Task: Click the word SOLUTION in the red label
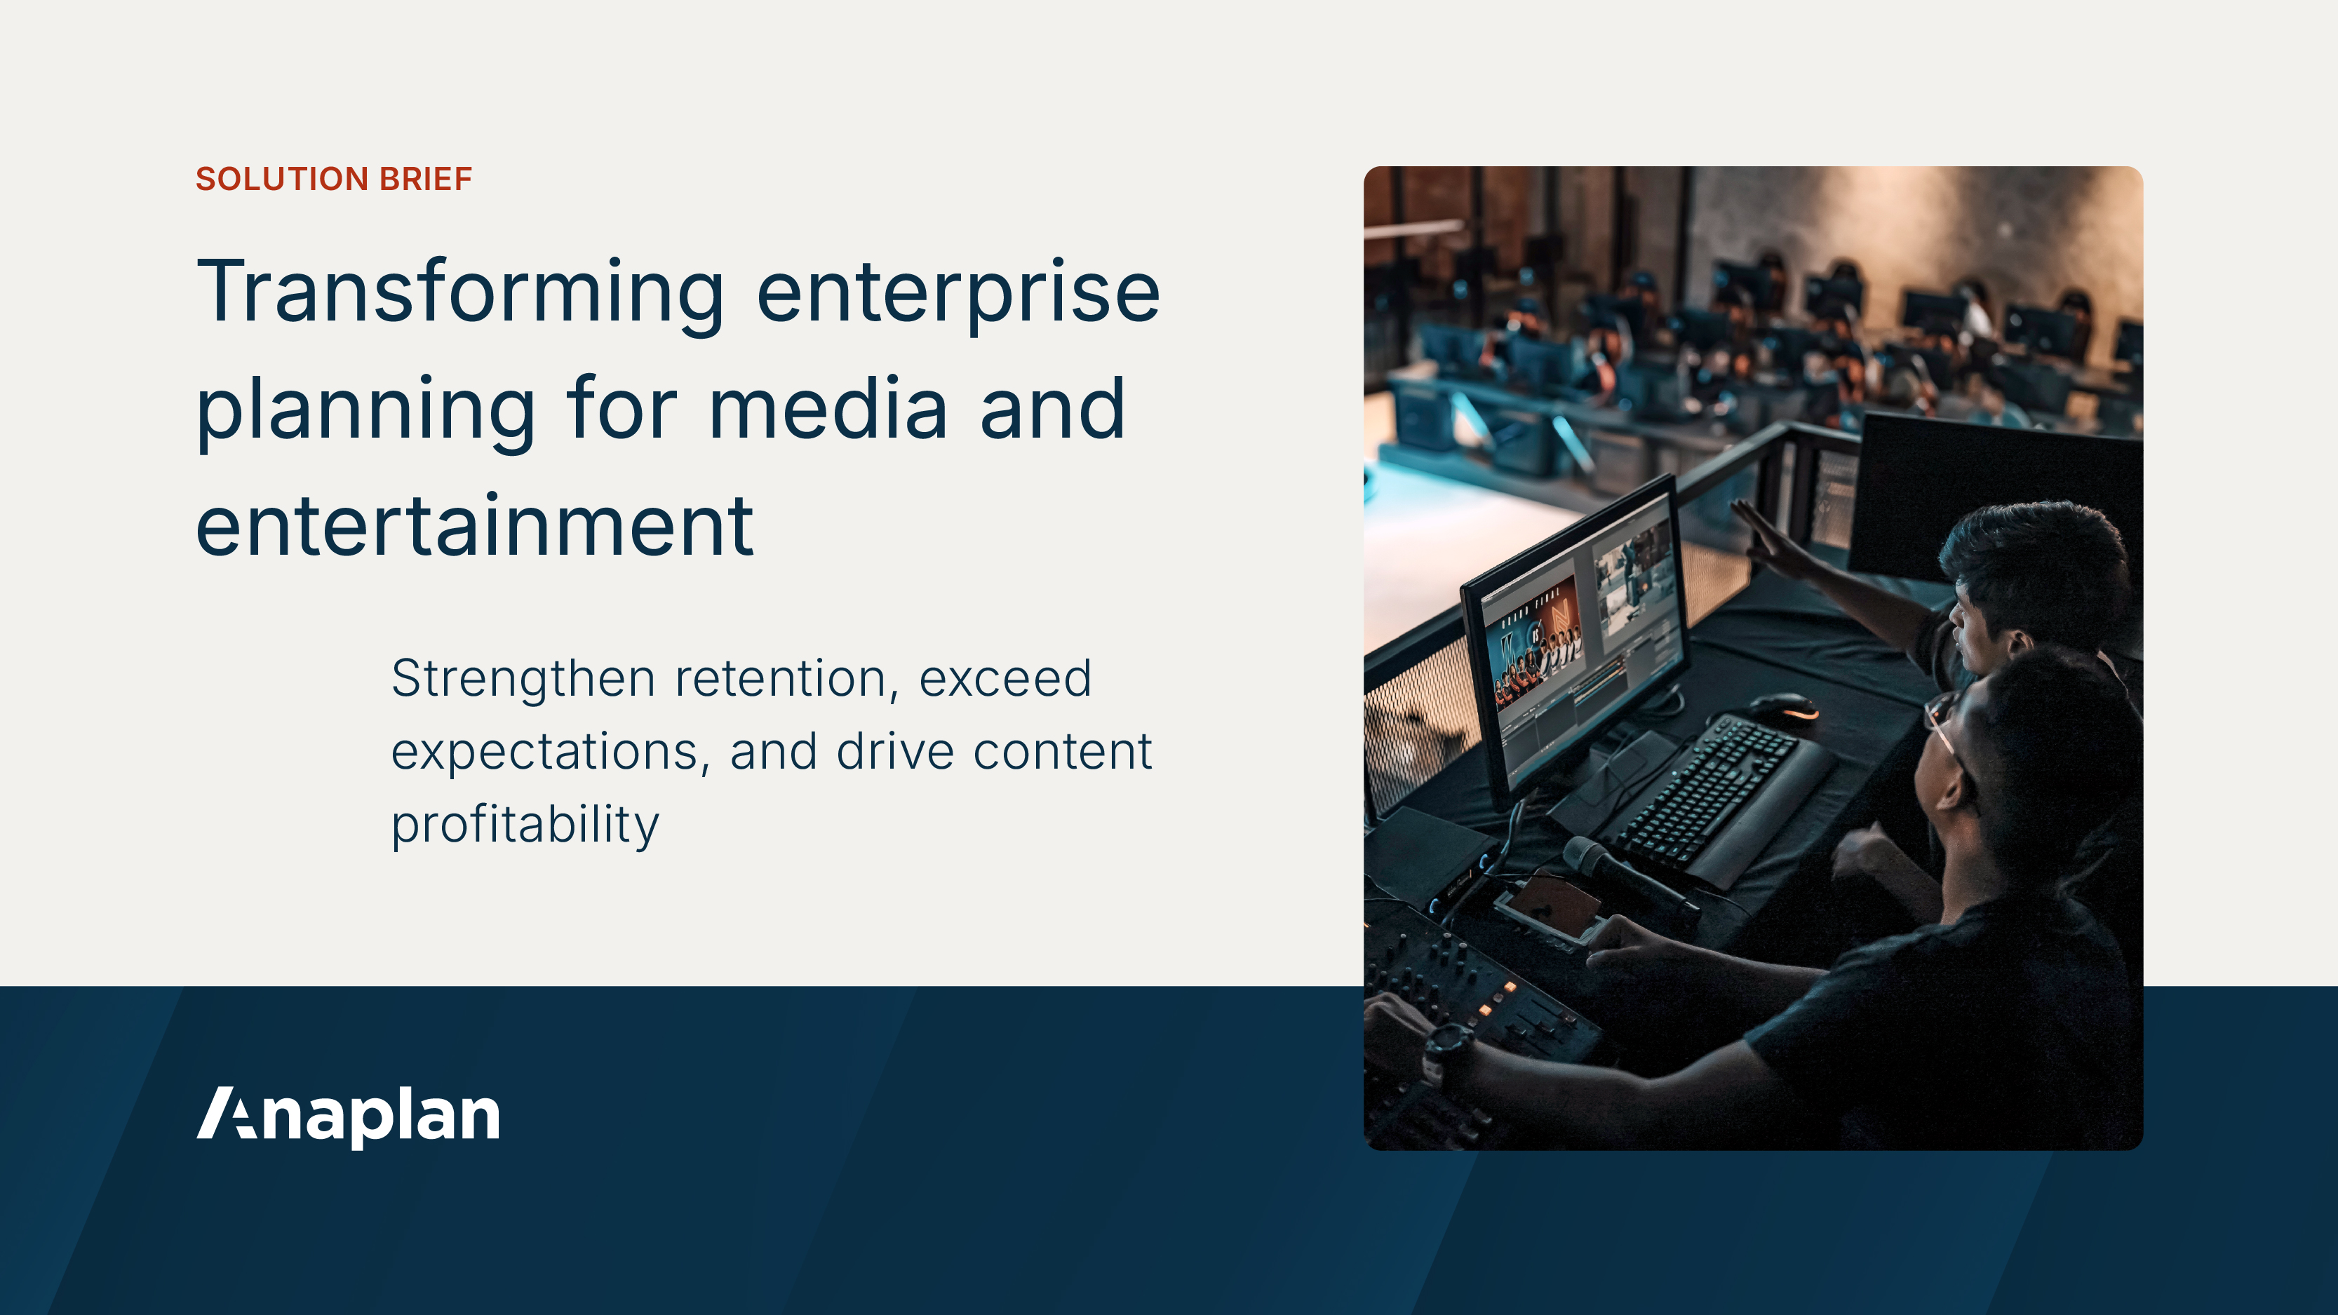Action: pos(282,179)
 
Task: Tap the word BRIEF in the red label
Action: pos(426,179)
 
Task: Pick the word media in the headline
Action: pos(828,410)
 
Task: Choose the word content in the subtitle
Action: pos(1062,753)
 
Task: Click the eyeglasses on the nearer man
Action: pos(1942,726)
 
